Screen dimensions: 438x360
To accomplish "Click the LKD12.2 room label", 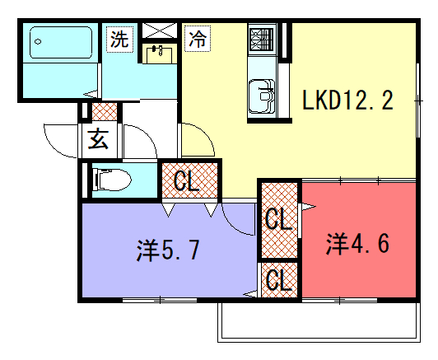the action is (x=347, y=100).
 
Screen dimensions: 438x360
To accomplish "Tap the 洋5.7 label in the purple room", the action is (x=168, y=250).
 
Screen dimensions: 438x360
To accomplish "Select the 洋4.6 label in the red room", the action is (x=357, y=244).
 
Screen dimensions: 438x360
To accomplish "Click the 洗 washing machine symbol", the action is (x=119, y=39).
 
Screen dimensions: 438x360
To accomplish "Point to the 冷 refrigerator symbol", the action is (x=198, y=39).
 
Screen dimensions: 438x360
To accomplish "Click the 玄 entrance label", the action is (x=98, y=139).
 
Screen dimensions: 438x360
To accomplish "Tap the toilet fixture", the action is (x=113, y=180).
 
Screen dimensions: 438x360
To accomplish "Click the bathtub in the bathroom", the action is (x=61, y=43).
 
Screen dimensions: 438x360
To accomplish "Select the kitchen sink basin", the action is (x=262, y=96).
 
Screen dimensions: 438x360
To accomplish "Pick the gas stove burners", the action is (x=262, y=40).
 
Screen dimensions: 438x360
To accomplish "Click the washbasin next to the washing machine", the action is (x=159, y=54).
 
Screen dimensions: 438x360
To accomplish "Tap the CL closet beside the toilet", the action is (x=189, y=180).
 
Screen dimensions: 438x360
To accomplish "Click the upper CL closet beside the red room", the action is (x=279, y=220).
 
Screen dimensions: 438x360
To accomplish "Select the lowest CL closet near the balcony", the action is (x=279, y=280).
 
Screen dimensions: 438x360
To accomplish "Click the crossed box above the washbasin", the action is (x=160, y=30).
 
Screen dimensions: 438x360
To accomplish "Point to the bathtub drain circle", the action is (x=38, y=42).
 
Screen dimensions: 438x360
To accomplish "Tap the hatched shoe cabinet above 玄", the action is (x=105, y=111).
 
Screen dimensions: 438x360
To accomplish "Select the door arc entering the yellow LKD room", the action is (x=205, y=134).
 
